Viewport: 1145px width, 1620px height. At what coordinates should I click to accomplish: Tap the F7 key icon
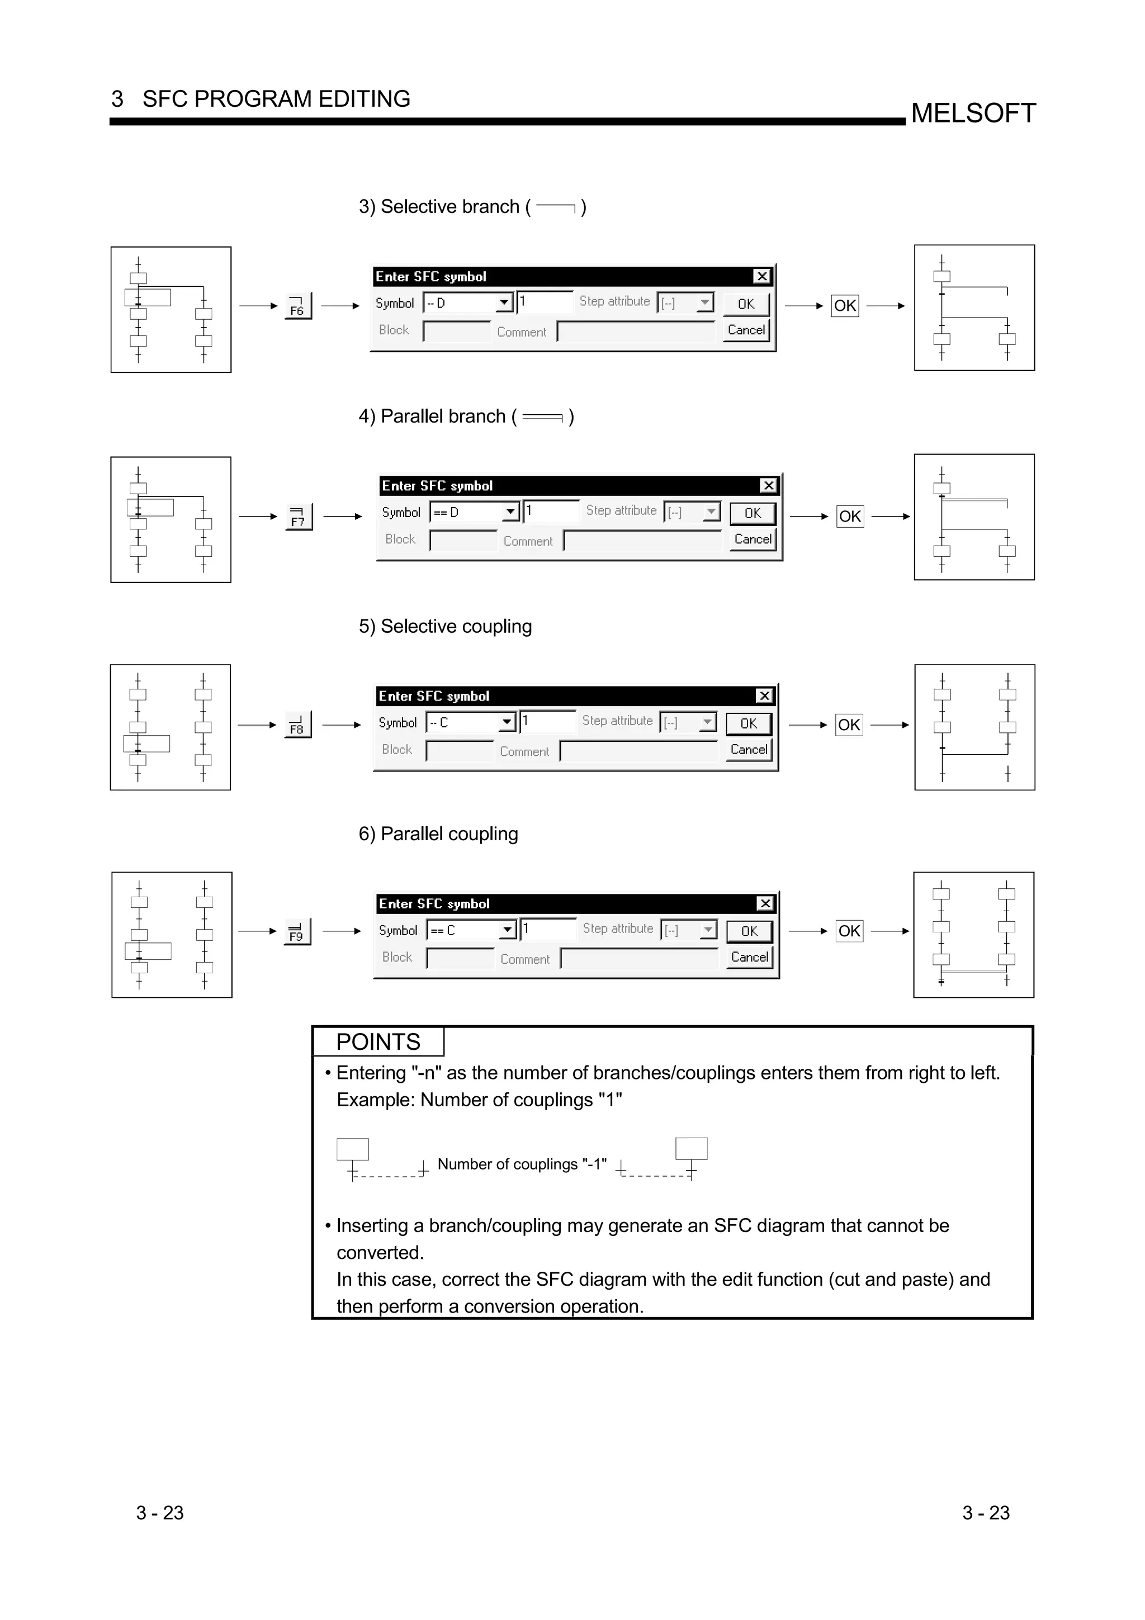coord(298,517)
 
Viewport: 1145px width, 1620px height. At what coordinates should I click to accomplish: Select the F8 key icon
coord(297,724)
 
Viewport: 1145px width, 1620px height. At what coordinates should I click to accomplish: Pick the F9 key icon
coord(296,931)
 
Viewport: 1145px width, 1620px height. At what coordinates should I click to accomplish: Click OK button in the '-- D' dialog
coord(746,304)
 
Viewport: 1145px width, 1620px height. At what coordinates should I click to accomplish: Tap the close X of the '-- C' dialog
coord(764,696)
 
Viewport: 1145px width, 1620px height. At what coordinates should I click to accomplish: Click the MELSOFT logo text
coord(973,113)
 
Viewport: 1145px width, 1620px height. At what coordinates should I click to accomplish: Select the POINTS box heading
coord(378,1042)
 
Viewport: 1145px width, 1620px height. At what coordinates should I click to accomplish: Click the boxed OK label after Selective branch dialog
coord(844,306)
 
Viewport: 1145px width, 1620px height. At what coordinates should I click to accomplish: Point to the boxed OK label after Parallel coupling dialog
coord(849,931)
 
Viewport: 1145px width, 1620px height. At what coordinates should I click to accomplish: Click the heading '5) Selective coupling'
coord(445,627)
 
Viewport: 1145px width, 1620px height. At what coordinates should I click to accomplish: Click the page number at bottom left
coord(160,1513)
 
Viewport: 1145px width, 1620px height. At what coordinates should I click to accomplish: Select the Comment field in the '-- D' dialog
coord(636,331)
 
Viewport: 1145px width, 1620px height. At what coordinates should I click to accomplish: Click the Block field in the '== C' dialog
coord(460,958)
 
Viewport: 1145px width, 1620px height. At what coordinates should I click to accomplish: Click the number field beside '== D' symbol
coord(552,511)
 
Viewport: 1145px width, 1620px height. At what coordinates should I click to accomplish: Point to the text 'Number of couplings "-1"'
coord(522,1164)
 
